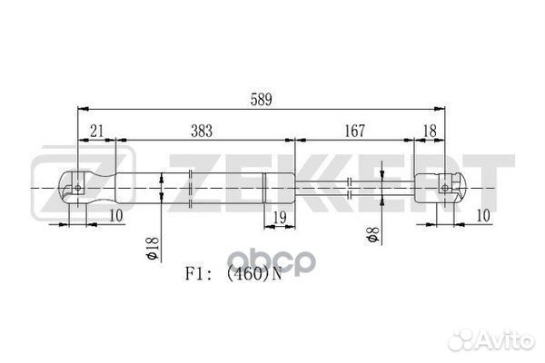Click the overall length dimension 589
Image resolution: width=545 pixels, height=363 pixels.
tap(261, 100)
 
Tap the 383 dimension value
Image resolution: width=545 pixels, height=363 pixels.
tap(202, 131)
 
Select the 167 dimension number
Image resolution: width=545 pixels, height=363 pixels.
tap(354, 131)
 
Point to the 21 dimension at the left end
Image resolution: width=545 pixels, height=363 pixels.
tap(96, 132)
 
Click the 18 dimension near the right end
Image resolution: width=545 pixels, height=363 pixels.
tap(430, 132)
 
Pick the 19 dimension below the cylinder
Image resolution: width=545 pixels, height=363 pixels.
tap(280, 218)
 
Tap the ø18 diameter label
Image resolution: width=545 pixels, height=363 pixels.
tap(153, 249)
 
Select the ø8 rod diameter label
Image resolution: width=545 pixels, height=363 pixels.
tap(372, 234)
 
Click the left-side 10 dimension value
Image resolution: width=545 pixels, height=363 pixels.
tap(116, 216)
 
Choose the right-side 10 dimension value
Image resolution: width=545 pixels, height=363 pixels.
tap(483, 216)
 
